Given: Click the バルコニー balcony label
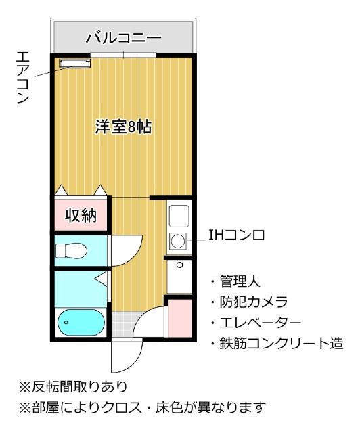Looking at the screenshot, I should (123, 37).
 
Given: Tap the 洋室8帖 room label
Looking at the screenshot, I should (122, 127).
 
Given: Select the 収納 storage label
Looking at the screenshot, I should (81, 216).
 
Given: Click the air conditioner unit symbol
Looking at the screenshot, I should (74, 64).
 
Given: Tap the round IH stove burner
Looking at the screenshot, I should (179, 240).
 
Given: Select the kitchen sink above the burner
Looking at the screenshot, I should (179, 216).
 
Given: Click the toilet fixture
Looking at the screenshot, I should (71, 251).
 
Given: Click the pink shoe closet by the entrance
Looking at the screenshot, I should (179, 316).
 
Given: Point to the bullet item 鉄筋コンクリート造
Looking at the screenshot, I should (277, 344).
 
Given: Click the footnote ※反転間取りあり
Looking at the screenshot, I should (73, 386).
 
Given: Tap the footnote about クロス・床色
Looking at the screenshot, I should (143, 408).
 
